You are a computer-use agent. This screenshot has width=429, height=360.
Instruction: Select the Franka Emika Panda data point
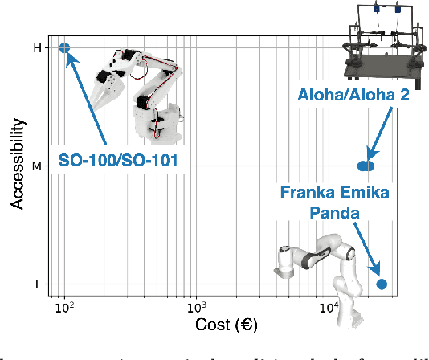point(382,284)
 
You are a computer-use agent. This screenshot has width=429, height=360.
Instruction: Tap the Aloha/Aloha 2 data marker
point(366,166)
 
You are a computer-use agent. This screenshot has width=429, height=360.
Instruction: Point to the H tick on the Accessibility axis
point(36,48)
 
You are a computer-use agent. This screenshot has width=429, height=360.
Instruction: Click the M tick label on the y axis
point(36,166)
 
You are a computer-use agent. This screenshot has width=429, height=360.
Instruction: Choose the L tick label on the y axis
point(37,284)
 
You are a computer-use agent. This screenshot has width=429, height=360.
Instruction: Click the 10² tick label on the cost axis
point(65,307)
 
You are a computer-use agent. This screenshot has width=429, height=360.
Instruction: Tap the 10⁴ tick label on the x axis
point(330,307)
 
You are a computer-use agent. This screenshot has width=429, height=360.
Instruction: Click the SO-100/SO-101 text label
point(117,161)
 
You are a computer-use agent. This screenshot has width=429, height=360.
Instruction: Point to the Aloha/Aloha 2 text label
point(354,96)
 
